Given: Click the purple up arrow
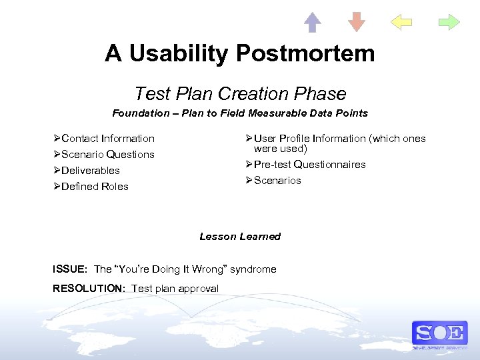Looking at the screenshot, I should click(313, 22).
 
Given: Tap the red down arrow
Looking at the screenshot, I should click(357, 22).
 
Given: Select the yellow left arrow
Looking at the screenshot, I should click(401, 22).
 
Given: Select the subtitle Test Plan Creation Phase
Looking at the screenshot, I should click(240, 93).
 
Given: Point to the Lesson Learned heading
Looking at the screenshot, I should click(240, 237).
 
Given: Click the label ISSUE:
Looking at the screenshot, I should click(70, 269).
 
